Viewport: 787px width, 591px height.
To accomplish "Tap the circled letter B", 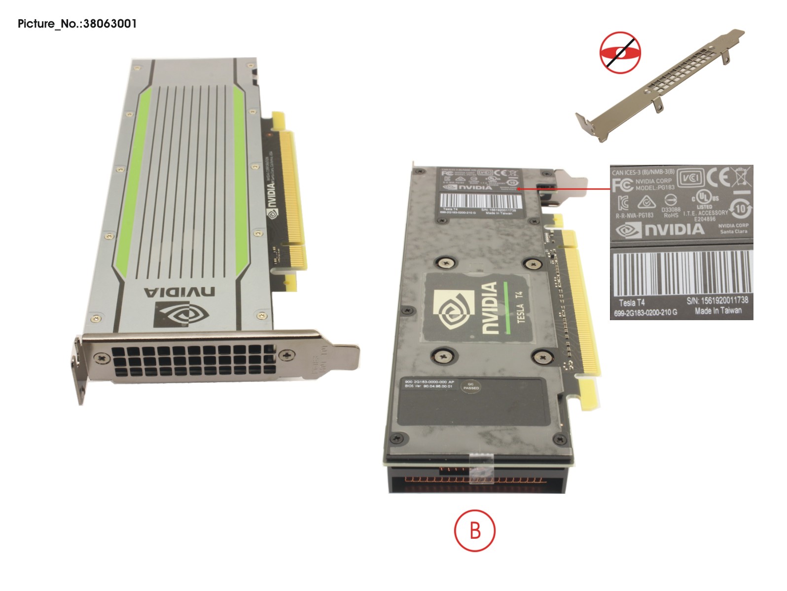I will tap(474, 531).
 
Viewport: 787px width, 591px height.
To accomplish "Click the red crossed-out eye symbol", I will tap(620, 53).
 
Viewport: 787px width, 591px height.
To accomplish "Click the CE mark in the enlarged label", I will tap(718, 177).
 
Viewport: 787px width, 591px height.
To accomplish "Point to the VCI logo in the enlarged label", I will tap(689, 178).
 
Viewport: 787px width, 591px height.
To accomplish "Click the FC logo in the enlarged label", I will tap(622, 185).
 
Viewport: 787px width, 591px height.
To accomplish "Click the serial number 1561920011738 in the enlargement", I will tap(724, 300).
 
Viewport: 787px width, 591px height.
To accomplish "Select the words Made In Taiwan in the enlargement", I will tap(718, 311).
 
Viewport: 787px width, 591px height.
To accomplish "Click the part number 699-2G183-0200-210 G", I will tap(645, 313).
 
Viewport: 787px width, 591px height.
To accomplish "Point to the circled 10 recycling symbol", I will tap(740, 209).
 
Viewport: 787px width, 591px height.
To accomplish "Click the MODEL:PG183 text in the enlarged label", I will tap(654, 187).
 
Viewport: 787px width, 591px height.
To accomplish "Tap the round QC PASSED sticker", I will tap(470, 386).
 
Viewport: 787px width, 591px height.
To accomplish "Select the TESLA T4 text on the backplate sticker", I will tap(519, 307).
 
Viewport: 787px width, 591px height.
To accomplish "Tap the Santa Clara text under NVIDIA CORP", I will tap(733, 231).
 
